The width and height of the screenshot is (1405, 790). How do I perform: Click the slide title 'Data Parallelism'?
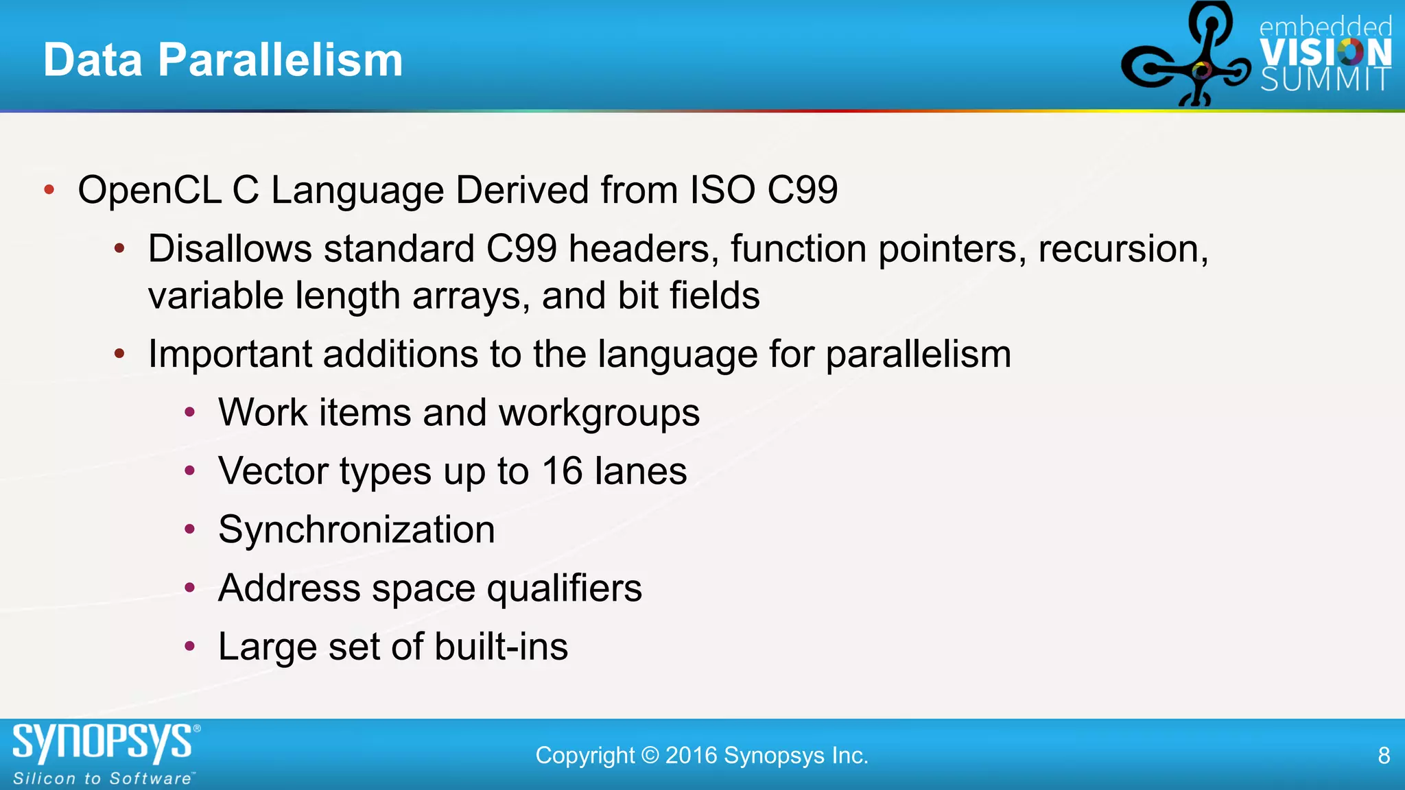(x=223, y=60)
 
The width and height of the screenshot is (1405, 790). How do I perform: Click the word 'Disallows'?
(x=230, y=248)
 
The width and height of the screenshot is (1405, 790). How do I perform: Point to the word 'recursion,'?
(x=1123, y=248)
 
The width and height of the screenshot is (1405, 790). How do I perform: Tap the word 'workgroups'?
(x=599, y=413)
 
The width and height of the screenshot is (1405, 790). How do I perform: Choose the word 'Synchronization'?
(x=357, y=529)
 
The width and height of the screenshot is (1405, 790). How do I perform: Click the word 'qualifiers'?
(x=565, y=588)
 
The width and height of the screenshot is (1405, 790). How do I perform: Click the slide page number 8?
(x=1384, y=756)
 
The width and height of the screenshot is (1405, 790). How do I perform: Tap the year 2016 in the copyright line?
(x=691, y=756)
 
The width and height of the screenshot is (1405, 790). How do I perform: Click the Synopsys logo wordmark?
(x=103, y=743)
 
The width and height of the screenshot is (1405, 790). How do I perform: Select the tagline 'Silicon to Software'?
(x=103, y=779)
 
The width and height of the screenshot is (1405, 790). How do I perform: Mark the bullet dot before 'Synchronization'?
(x=190, y=529)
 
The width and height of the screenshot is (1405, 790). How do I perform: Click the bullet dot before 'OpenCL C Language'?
(x=49, y=190)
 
